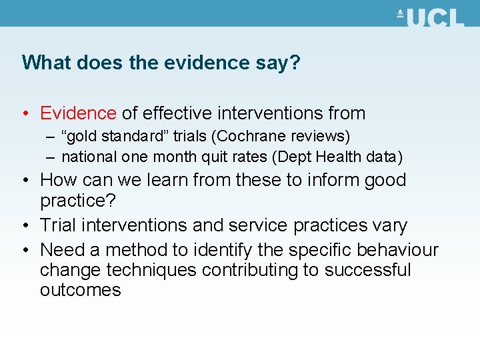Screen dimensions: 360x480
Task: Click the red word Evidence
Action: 78,113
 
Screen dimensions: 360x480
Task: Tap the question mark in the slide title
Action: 295,63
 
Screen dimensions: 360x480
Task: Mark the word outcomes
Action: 81,290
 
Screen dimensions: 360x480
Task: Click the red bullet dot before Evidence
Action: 25,114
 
